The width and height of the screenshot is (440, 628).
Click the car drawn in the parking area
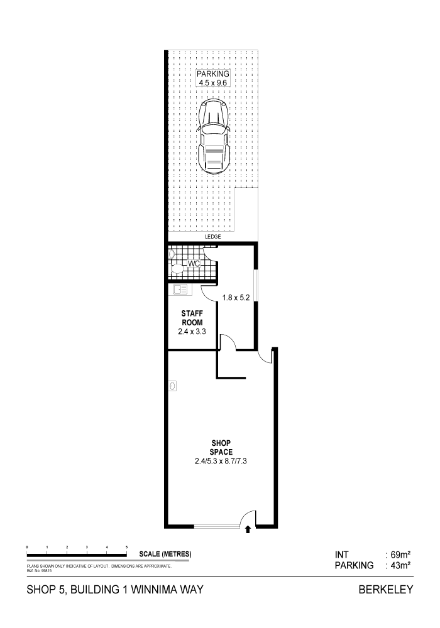coord(214,136)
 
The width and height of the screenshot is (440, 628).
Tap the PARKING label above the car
coord(213,73)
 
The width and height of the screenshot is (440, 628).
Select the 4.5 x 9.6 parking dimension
coord(213,83)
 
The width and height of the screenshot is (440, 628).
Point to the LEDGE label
coord(213,237)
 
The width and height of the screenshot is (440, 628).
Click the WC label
coord(194,264)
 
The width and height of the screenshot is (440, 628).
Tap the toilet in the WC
coord(177,269)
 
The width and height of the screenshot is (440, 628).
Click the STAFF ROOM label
coord(192,318)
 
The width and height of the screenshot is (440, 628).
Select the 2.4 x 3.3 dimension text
coord(192,332)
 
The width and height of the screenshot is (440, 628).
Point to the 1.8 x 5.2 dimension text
coord(236,298)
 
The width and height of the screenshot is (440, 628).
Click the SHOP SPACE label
coord(221,447)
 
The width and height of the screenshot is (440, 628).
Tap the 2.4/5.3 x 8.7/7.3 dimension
coord(221,461)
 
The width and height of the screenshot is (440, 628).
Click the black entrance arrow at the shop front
coord(248,529)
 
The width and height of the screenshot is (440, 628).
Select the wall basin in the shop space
coord(172,386)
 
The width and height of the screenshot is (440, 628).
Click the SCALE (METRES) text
coord(165,555)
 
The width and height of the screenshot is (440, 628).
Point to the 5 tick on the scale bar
coord(126,547)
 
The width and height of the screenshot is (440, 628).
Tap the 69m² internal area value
coord(400,555)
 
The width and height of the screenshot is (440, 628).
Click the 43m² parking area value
coord(400,566)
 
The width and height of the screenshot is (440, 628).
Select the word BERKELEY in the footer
coord(386,590)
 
